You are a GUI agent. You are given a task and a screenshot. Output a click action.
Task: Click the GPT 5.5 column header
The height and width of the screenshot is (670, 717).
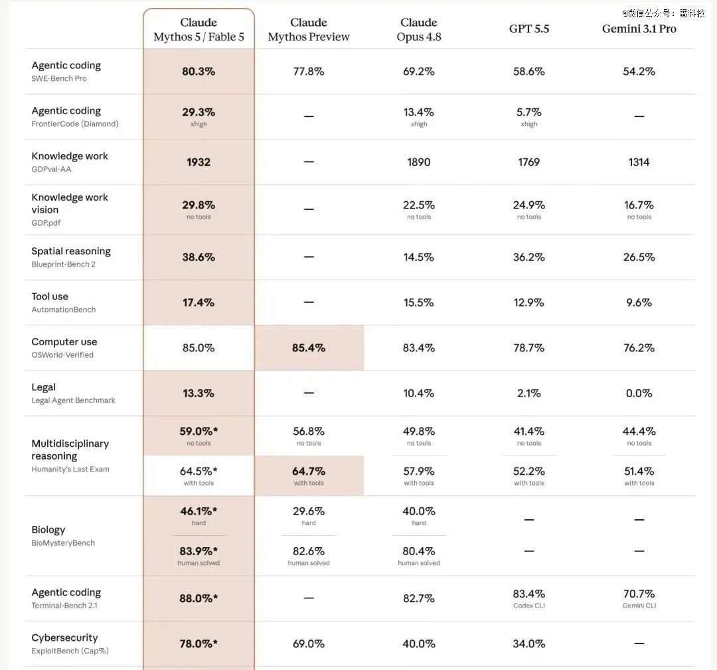pos(529,29)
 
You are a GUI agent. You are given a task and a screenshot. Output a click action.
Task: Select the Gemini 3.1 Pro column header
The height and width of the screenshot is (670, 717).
pos(639,29)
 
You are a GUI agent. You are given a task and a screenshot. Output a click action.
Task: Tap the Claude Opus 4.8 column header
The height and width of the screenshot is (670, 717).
pos(419,29)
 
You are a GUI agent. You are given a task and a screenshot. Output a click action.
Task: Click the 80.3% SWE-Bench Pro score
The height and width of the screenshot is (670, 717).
pos(199,71)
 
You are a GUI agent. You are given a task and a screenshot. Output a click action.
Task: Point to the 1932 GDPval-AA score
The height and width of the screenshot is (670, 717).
pos(199,162)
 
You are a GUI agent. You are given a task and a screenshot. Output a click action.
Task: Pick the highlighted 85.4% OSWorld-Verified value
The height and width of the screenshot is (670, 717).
pos(309,348)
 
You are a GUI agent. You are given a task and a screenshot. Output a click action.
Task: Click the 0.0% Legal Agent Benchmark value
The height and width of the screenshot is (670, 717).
pos(639,393)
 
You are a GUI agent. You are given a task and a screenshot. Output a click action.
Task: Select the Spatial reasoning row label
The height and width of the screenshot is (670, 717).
pos(71,251)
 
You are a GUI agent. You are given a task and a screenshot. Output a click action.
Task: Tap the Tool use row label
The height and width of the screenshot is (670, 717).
pos(50,296)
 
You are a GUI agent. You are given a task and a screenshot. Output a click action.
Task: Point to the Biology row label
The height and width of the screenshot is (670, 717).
pos(48,530)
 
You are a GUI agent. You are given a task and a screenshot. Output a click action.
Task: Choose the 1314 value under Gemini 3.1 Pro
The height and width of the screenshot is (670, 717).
pos(639,162)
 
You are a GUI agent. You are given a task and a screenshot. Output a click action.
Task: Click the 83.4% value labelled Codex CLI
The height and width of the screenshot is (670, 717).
pos(529,594)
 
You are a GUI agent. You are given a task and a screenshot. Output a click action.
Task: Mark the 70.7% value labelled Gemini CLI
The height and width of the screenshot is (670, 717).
pos(639,594)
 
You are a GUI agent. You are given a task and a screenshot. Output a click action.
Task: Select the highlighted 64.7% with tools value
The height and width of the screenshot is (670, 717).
pos(309,471)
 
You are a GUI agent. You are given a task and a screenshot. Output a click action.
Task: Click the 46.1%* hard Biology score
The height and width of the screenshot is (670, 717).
pos(199,511)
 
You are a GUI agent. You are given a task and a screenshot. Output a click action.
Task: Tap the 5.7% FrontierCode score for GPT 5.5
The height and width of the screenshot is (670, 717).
pos(529,112)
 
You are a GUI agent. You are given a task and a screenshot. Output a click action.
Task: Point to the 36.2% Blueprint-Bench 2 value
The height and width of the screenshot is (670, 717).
pos(529,257)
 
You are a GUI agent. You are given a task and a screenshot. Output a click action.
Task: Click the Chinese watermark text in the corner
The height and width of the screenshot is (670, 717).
pos(663,13)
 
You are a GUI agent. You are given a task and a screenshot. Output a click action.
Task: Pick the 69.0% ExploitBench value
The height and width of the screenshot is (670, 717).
pos(309,644)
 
